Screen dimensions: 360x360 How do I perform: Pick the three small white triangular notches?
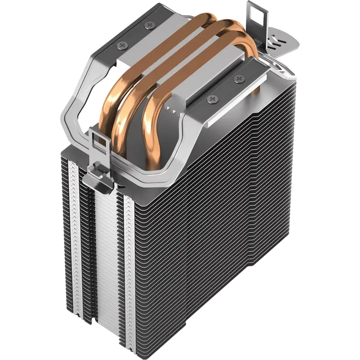pos(174,109)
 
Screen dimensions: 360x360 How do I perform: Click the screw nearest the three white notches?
pos(212,97)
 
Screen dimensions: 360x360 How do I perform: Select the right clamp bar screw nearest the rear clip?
pos(239,79)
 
